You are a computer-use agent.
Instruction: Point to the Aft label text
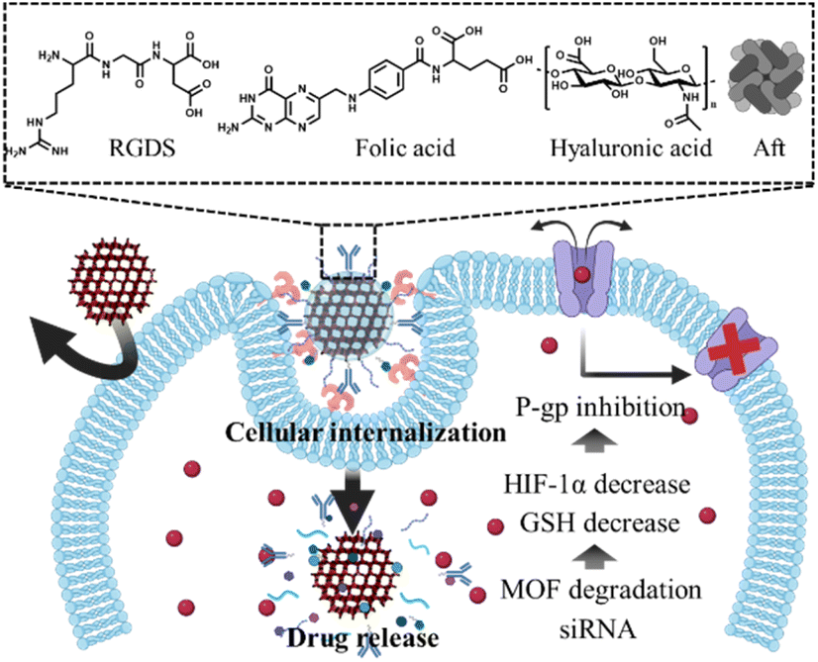pyautogui.click(x=761, y=155)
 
